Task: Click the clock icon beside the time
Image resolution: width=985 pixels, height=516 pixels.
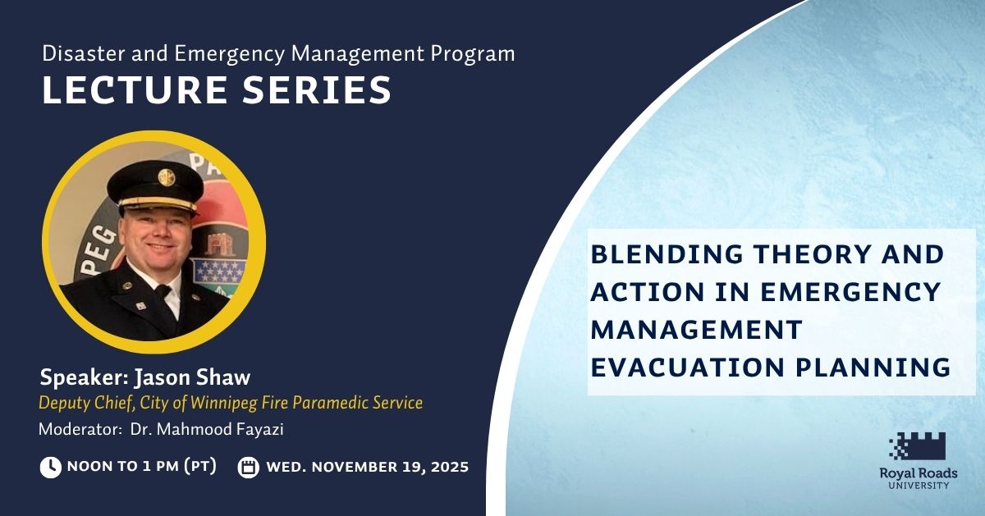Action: pyautogui.click(x=51, y=468)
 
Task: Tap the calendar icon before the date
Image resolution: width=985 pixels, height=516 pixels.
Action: pyautogui.click(x=249, y=468)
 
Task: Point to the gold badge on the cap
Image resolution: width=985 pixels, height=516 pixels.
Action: pyautogui.click(x=167, y=177)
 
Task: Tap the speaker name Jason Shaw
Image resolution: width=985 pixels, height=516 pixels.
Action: pyautogui.click(x=192, y=377)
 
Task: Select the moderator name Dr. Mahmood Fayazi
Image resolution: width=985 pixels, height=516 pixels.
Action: pyautogui.click(x=207, y=429)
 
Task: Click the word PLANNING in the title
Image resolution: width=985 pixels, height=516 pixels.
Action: pyautogui.click(x=873, y=368)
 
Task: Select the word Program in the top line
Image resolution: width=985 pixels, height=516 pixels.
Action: pyautogui.click(x=472, y=54)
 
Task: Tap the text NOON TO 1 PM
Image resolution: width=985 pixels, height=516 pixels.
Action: pyautogui.click(x=122, y=466)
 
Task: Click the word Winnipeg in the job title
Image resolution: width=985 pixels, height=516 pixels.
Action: pyautogui.click(x=224, y=404)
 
